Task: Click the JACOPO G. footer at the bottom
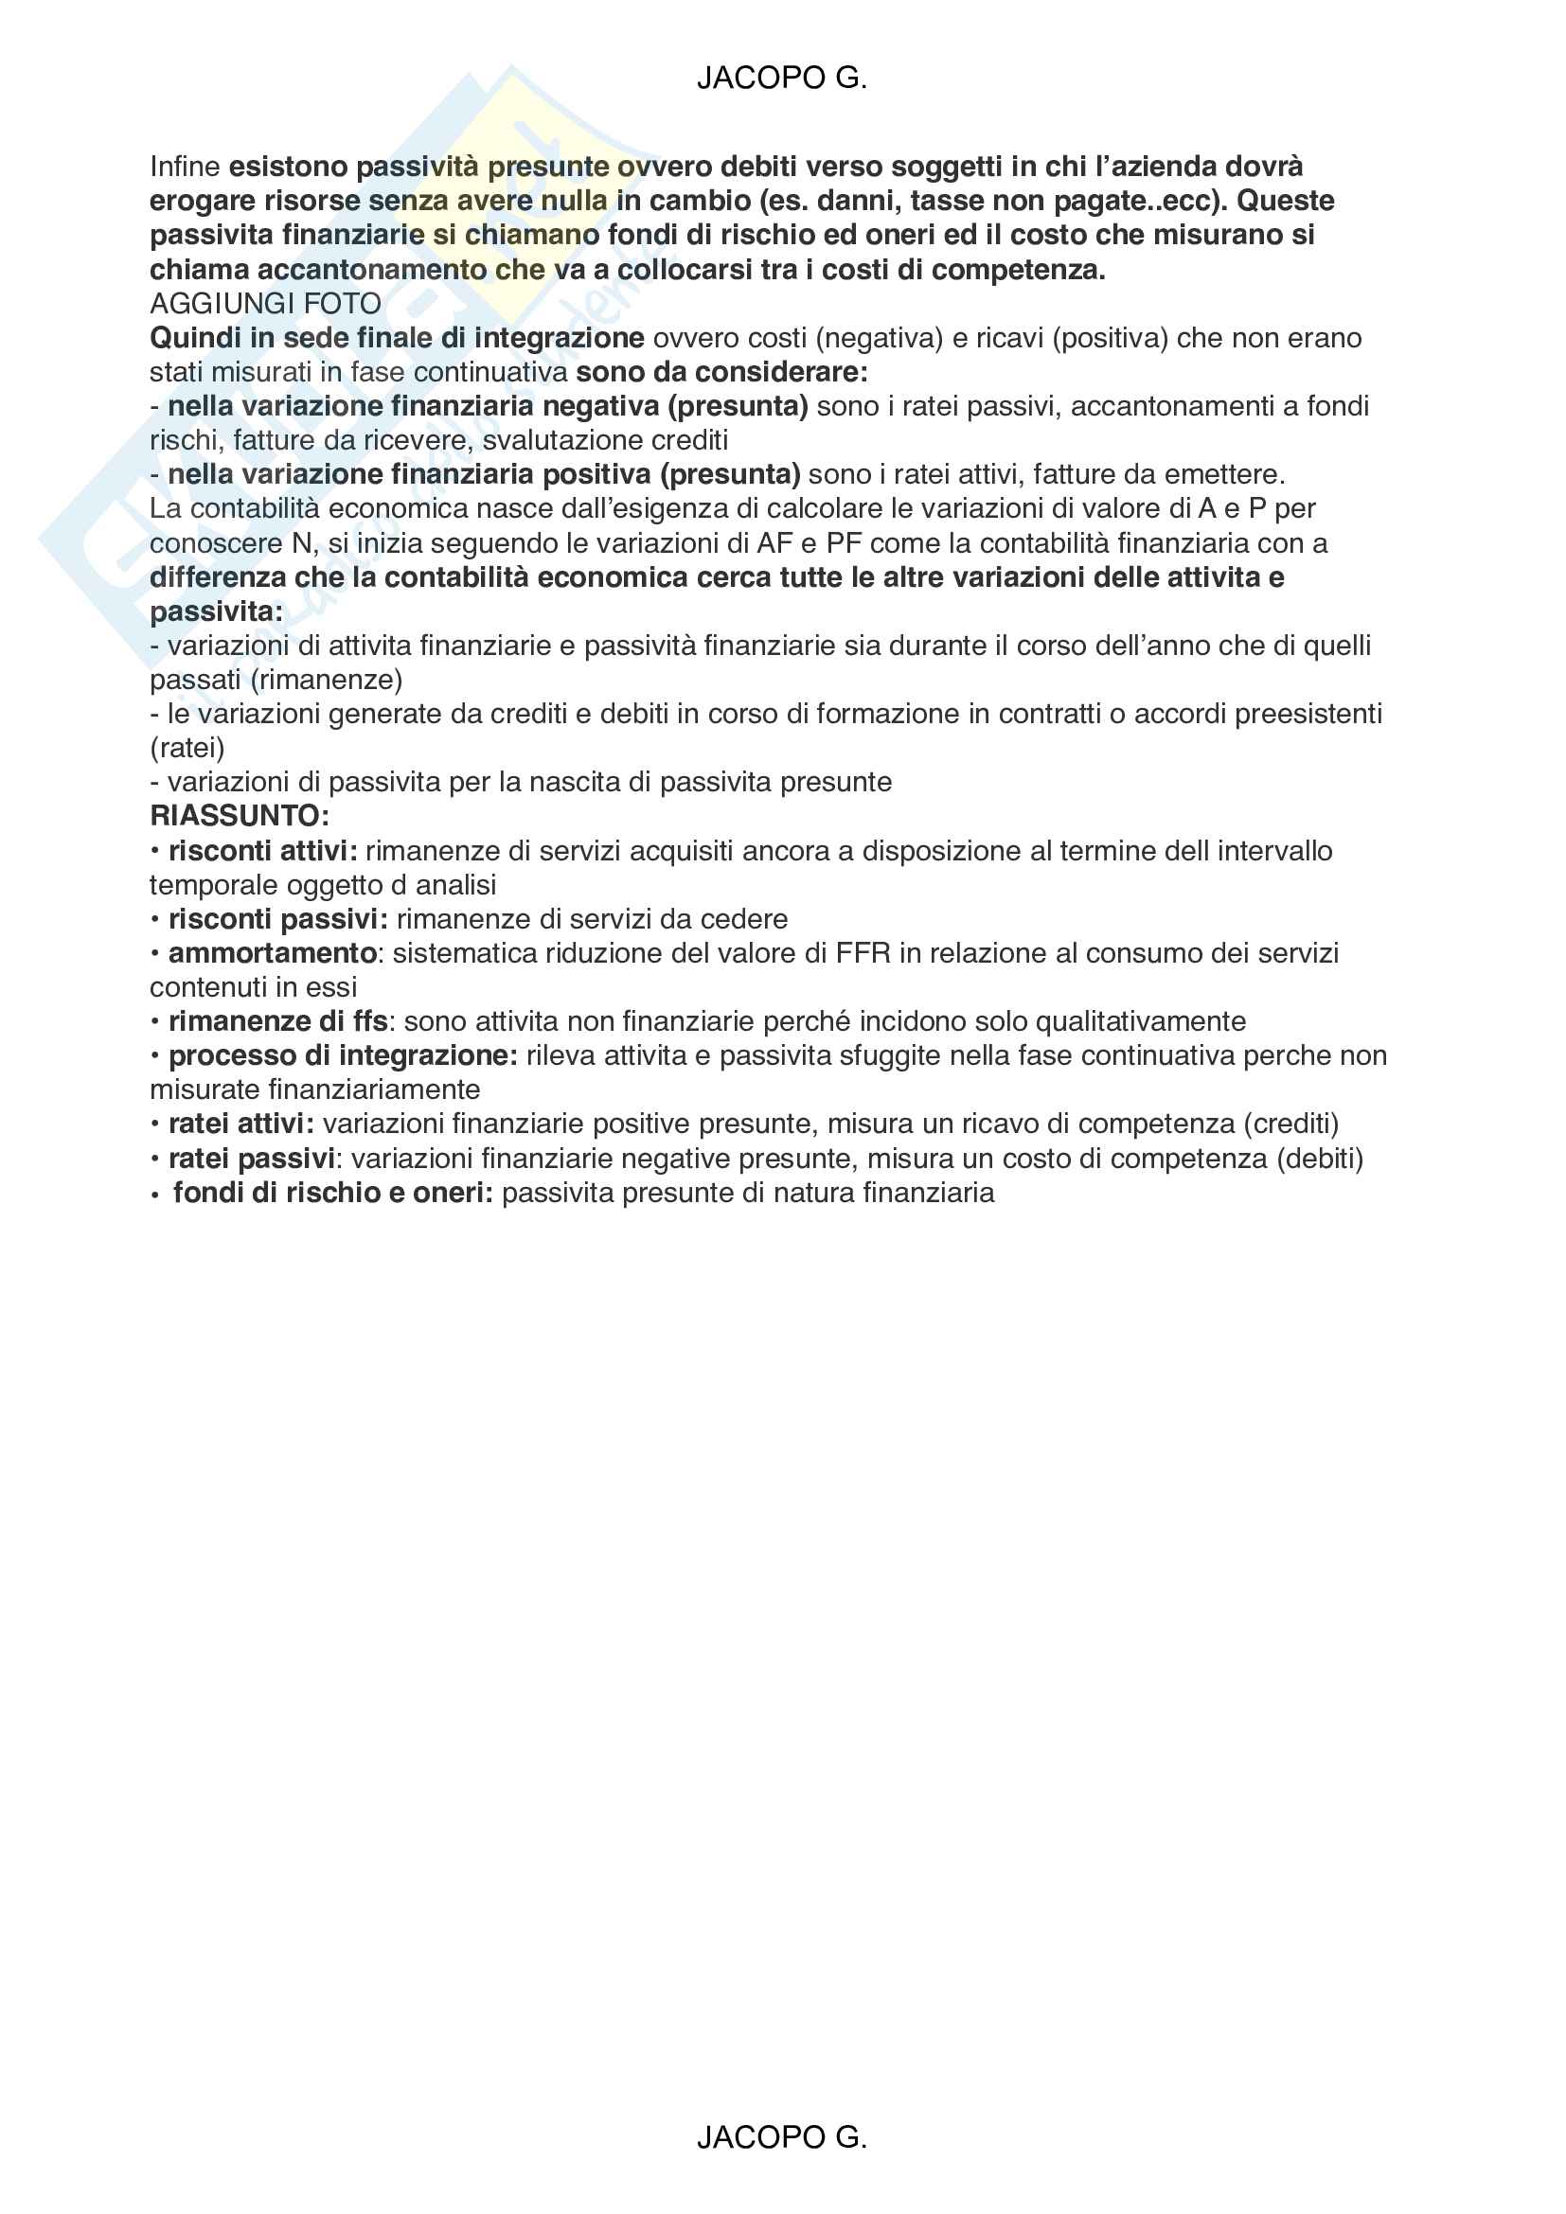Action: tap(782, 2137)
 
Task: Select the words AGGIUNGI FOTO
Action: tap(265, 304)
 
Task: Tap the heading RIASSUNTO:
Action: tap(240, 816)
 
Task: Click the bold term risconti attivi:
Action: tap(262, 851)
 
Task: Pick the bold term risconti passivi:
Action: tap(277, 919)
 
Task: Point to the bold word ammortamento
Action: tap(272, 953)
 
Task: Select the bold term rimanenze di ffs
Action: tap(277, 1021)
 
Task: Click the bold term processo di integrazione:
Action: tap(344, 1054)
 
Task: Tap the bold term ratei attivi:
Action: tap(241, 1124)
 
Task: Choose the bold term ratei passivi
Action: tap(252, 1158)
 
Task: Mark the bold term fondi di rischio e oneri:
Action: tap(332, 1193)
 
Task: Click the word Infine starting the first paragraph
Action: tap(186, 167)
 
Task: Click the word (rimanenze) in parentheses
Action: tap(326, 680)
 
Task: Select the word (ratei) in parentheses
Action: tap(187, 749)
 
